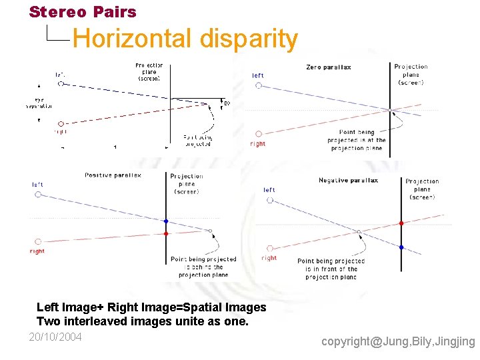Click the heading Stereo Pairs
(83, 12)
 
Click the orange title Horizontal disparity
(185, 39)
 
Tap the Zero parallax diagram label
(328, 67)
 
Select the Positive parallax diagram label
(113, 175)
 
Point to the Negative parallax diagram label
(348, 181)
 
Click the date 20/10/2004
(55, 337)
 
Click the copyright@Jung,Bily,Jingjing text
(398, 341)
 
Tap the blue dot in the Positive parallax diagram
(166, 221)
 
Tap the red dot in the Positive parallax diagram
(166, 233)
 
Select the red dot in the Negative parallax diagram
(401, 223)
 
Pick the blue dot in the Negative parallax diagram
(401, 247)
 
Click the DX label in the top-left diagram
(227, 103)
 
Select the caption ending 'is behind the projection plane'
(203, 267)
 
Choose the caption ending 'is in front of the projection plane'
(331, 269)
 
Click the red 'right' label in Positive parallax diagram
(37, 251)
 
